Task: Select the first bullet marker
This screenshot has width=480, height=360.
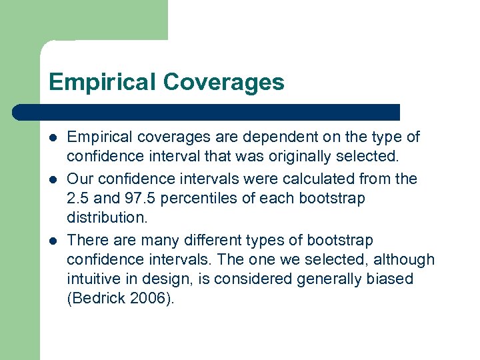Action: [x=53, y=138]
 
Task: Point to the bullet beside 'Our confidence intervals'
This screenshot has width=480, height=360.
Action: [x=53, y=179]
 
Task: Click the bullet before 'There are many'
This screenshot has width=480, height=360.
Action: [x=53, y=241]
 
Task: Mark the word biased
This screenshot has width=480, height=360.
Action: [x=390, y=279]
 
